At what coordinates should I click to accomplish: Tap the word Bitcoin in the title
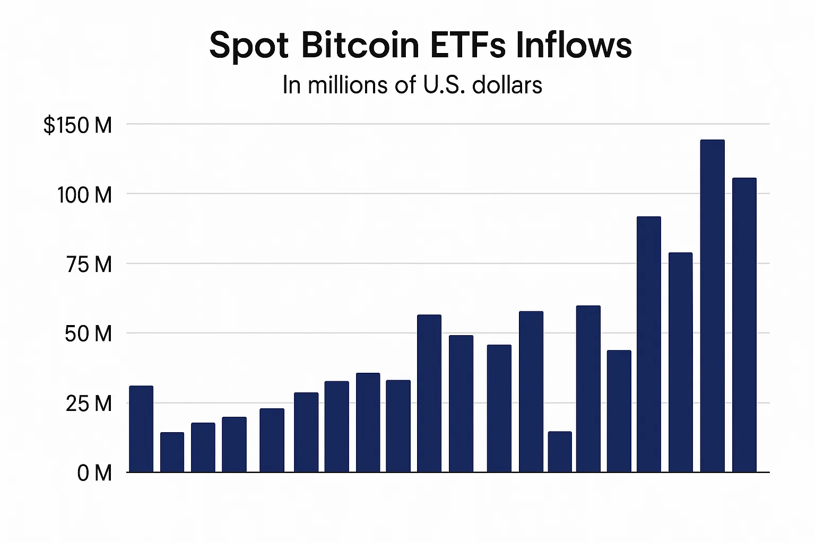360,45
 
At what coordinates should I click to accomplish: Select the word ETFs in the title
467,45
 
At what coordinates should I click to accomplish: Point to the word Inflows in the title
574,45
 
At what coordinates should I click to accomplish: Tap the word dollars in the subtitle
507,85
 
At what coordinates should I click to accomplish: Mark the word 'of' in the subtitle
405,85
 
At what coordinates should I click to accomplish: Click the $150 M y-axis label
78,126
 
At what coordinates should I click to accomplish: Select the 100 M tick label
85,195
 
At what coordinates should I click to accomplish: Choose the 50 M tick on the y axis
88,334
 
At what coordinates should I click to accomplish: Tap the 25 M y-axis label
89,404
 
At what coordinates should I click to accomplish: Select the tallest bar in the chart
712,306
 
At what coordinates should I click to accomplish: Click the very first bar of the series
141,429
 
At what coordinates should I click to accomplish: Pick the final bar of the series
744,325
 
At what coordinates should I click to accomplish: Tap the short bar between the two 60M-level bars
560,452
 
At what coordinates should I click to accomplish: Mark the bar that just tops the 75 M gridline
680,363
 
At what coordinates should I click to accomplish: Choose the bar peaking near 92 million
648,345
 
